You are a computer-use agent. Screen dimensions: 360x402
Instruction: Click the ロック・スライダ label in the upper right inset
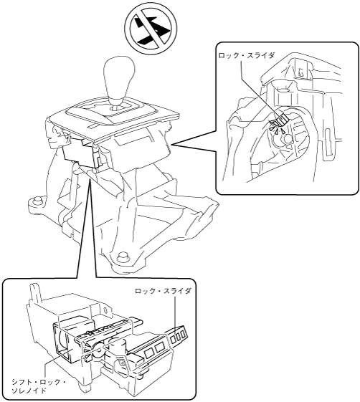coord(246,55)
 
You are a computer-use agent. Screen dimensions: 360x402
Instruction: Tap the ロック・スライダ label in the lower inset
coord(163,291)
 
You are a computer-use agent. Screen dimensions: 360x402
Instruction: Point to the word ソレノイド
coord(29,391)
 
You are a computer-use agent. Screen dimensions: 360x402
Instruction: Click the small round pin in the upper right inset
coord(288,138)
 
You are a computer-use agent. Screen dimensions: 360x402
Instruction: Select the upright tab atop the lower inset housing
coord(35,292)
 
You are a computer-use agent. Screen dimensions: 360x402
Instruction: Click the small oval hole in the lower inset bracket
coord(105,310)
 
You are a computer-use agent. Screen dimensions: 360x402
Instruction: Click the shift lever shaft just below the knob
coord(118,105)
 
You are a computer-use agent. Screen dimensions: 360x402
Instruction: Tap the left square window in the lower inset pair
coord(148,354)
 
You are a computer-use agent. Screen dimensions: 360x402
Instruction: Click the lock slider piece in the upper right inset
coord(280,120)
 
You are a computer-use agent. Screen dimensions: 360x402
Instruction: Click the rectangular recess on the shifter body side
coord(132,140)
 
